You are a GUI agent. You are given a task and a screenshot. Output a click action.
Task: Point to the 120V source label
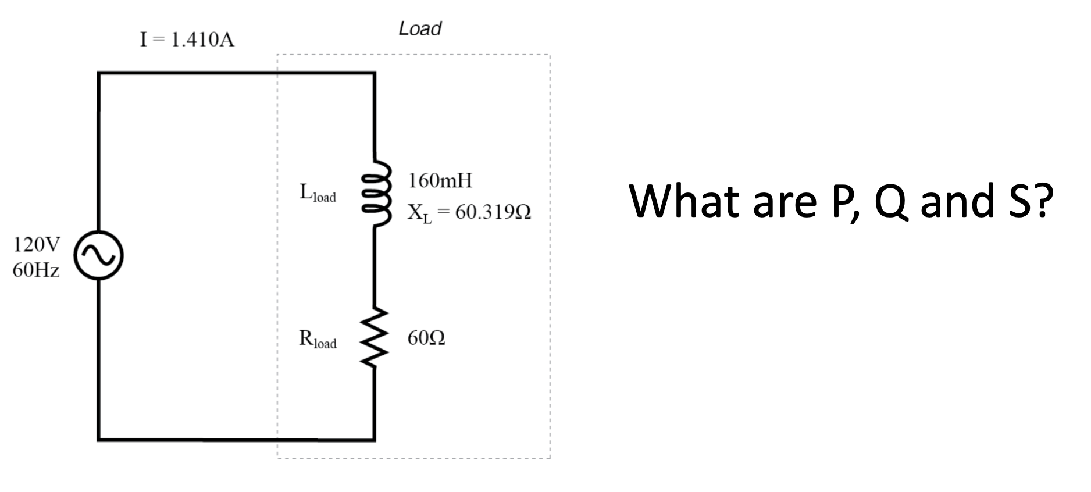[x=36, y=245]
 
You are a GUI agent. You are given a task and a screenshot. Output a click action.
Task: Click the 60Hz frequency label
[x=36, y=271]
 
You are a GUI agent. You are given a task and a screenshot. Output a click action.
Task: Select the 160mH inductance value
[x=440, y=181]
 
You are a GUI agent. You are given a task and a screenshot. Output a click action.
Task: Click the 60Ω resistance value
[x=426, y=338]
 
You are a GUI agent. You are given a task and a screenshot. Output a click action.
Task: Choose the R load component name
[x=318, y=339]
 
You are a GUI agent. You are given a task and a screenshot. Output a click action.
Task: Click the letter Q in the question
[x=892, y=201]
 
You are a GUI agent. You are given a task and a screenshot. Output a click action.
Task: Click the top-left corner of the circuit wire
[x=99, y=73]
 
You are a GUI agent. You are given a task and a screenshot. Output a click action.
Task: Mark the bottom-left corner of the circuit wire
[x=99, y=439]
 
